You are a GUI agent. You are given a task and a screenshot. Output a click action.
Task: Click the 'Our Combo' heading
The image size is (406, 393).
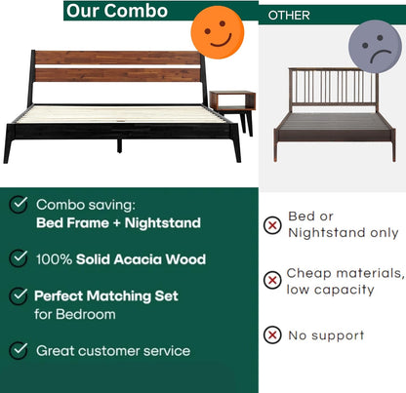click(x=116, y=11)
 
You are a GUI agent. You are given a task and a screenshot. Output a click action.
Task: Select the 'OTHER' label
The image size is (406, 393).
click(x=289, y=16)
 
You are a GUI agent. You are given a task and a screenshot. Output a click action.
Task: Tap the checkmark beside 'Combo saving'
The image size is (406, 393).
click(x=19, y=204)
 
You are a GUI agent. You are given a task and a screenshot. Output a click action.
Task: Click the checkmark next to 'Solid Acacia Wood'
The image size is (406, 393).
click(x=19, y=258)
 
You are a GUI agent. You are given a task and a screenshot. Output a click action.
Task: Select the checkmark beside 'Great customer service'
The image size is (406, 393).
click(x=19, y=349)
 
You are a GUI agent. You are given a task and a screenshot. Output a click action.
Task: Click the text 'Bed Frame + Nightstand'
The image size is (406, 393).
click(x=118, y=223)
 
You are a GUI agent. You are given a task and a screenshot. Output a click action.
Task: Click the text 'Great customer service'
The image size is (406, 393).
click(x=113, y=350)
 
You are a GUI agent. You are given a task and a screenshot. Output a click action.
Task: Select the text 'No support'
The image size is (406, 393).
click(x=326, y=335)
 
